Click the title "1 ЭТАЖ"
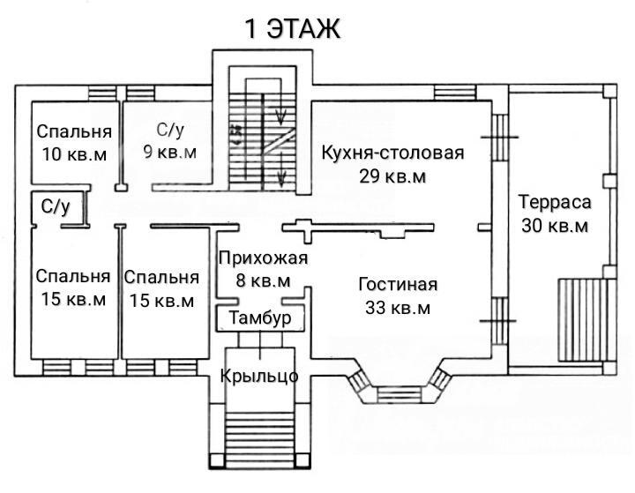click(292, 28)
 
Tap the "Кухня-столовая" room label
click(392, 153)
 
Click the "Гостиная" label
click(398, 285)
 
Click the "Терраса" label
click(554, 202)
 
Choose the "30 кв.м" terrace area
click(554, 225)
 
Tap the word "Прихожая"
click(262, 258)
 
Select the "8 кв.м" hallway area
click(261, 281)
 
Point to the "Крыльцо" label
click(259, 377)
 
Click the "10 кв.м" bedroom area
click(74, 153)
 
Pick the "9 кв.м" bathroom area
click(171, 153)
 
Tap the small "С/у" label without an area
click(55, 205)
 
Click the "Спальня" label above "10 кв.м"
click(74, 132)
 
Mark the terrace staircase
click(585, 320)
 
